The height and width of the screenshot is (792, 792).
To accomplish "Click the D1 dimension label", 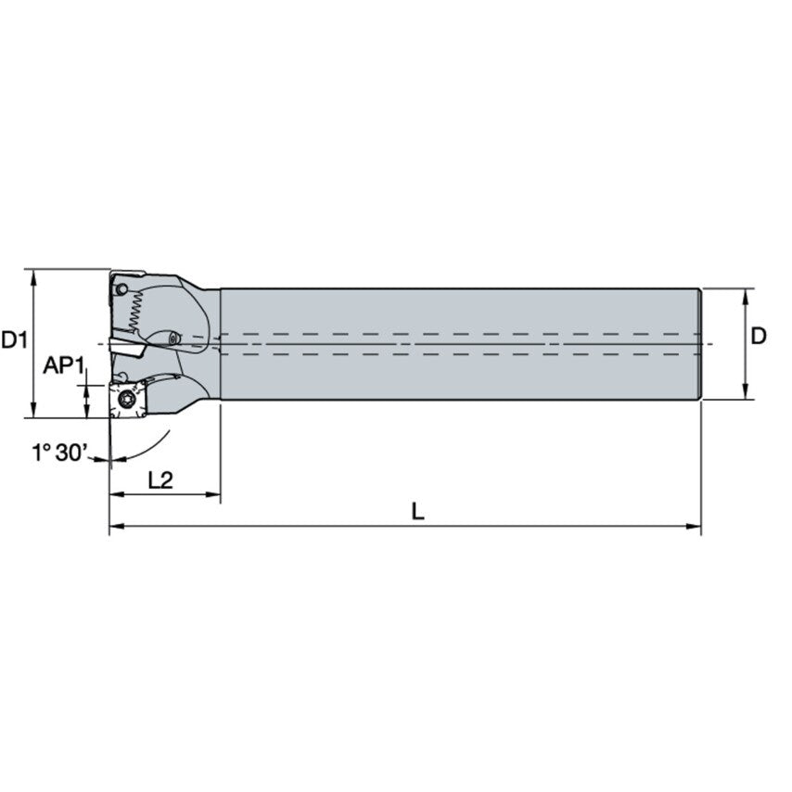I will tap(15, 340).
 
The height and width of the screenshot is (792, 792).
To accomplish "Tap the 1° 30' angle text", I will tap(61, 453).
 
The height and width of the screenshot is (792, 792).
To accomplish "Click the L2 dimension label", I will tap(161, 480).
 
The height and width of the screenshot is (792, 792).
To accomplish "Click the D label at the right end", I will tap(759, 336).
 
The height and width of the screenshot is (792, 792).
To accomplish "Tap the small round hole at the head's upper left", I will tap(121, 290).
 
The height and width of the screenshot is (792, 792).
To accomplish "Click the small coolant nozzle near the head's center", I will tap(173, 337).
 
